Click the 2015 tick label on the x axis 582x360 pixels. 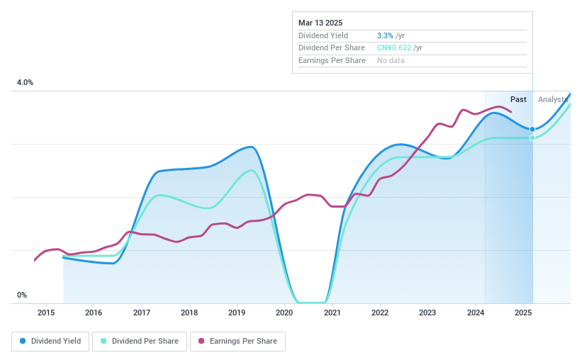click(46, 313)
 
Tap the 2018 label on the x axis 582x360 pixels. click(189, 313)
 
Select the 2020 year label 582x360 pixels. click(284, 313)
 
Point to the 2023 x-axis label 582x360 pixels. click(427, 313)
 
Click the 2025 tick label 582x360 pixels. click(523, 313)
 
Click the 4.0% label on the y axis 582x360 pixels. click(26, 83)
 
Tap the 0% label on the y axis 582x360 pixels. click(22, 295)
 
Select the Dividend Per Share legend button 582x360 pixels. click(141, 341)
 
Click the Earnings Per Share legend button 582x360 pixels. click(237, 341)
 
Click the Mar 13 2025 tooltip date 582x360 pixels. click(320, 23)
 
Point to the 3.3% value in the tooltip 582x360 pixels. click(386, 35)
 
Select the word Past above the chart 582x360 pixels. click(518, 99)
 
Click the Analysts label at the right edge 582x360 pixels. click(553, 99)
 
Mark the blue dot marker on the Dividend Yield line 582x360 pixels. click(532, 129)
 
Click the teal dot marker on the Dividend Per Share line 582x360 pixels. click(532, 137)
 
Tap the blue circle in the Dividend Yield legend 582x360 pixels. click(23, 341)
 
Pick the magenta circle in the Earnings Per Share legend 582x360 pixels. click(201, 341)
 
